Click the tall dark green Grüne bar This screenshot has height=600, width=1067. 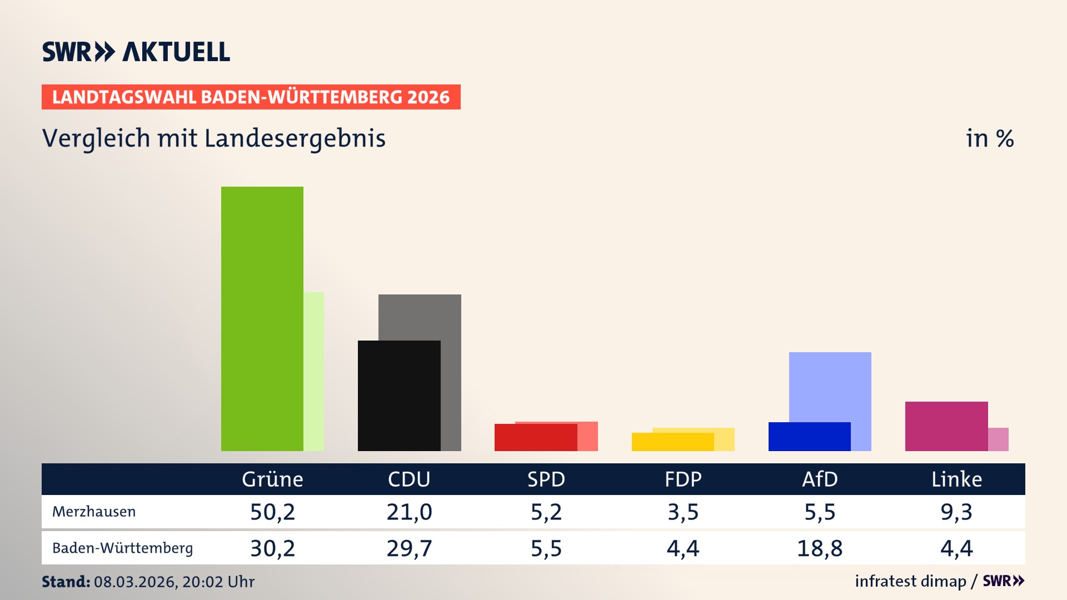point(262,318)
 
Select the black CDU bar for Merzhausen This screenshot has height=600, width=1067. point(399,396)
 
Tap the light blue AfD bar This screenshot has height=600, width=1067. point(830,386)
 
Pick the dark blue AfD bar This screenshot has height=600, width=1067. point(809,437)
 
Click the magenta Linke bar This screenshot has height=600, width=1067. point(946,426)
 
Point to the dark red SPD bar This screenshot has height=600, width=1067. point(535,438)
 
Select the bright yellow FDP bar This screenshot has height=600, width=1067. point(672,442)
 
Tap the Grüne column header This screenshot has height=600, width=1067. point(272,479)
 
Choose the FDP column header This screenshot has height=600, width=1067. point(683,479)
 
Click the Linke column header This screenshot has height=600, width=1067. point(956,479)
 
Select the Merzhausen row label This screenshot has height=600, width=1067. point(94,512)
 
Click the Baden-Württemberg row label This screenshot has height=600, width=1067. point(122,548)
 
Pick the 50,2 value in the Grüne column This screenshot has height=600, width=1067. point(272,512)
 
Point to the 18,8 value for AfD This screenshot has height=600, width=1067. point(820,548)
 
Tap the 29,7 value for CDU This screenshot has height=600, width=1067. point(409,548)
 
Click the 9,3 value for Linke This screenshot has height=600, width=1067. point(956,512)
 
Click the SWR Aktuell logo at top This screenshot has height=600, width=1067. point(136,52)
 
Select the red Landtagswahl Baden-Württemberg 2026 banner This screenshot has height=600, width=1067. point(251,97)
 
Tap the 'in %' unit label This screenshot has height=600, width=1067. point(990,138)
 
